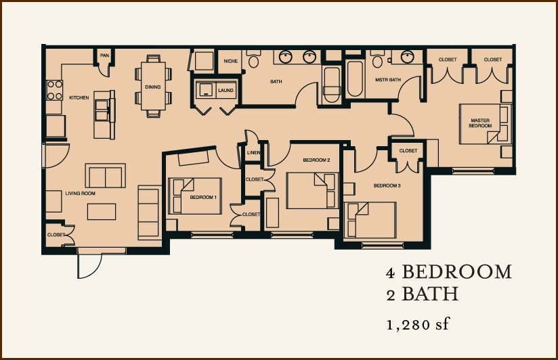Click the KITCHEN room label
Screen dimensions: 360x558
(x=79, y=98)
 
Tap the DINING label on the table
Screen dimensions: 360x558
(x=152, y=87)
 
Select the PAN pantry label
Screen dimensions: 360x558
(x=104, y=55)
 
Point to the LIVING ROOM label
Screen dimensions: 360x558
(x=80, y=194)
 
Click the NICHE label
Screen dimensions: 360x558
(x=230, y=62)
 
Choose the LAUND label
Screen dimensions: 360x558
(x=226, y=90)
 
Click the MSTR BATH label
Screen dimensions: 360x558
(x=387, y=81)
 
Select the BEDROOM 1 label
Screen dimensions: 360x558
(x=203, y=197)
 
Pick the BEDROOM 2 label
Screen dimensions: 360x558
(x=316, y=160)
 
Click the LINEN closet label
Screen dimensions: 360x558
(x=254, y=152)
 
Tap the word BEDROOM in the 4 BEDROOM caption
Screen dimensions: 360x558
(x=456, y=272)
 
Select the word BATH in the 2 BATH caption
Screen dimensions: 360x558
(x=430, y=294)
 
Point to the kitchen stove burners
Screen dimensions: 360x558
(x=54, y=90)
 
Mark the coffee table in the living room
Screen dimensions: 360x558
(x=102, y=211)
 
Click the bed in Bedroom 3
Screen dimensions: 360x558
(x=370, y=219)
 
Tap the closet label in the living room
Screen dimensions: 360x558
(x=56, y=235)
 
